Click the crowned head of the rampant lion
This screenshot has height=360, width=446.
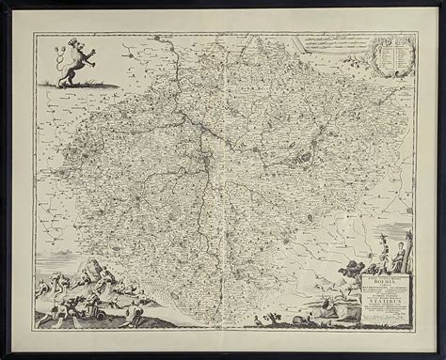71,46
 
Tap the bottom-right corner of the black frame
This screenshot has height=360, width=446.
440,354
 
